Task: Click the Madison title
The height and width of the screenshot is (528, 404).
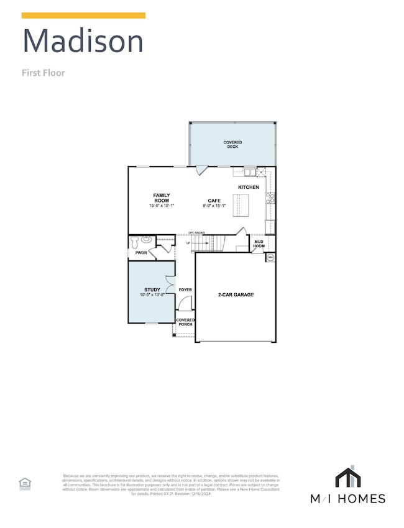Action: [83, 41]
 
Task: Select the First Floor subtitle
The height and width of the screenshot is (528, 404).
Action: [44, 73]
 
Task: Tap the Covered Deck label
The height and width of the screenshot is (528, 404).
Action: [232, 145]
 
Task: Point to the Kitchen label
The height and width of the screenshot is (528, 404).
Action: [249, 187]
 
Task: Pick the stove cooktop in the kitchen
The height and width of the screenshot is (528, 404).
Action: [270, 198]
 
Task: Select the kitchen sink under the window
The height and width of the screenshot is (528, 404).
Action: [250, 171]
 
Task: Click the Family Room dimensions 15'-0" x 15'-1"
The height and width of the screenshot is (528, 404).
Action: [162, 205]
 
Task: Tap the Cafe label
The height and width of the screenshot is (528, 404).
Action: [214, 200]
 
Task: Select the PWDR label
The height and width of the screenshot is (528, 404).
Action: [140, 253]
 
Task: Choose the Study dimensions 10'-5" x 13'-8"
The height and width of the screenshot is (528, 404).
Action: [152, 295]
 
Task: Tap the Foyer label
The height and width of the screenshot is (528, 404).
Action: [185, 290]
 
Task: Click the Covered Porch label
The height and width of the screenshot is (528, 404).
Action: [185, 322]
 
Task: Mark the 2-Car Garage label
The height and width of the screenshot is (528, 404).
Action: [236, 295]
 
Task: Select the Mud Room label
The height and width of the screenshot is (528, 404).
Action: [258, 244]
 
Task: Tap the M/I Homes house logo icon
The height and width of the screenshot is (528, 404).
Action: [348, 476]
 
